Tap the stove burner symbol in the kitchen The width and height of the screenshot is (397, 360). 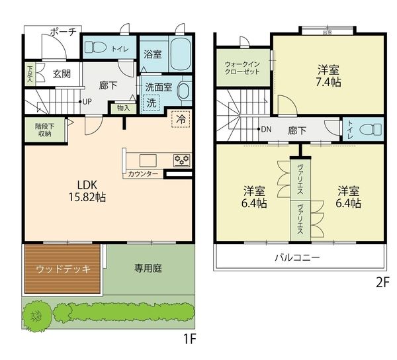[x=182, y=160]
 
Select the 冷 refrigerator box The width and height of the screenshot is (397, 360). [x=181, y=119]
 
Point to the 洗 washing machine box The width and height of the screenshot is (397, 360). [x=151, y=103]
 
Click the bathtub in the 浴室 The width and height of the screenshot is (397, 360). [x=180, y=54]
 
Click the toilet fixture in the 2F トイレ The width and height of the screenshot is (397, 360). [x=371, y=130]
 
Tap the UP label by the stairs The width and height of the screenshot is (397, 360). [x=87, y=102]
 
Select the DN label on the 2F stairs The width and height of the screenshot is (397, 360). [x=266, y=129]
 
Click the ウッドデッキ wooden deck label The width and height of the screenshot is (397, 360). [x=63, y=269]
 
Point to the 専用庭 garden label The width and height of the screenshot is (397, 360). [x=148, y=268]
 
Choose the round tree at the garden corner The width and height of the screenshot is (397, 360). [x=36, y=316]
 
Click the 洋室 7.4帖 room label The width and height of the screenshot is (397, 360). [x=328, y=76]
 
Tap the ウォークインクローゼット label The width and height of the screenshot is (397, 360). [x=242, y=67]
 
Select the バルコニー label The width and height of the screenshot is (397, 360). [x=298, y=257]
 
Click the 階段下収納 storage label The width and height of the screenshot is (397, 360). [x=45, y=130]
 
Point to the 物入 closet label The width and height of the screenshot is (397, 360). [x=124, y=109]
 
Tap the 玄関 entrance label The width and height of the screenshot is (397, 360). [x=62, y=74]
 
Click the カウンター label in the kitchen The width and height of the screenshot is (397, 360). [x=143, y=174]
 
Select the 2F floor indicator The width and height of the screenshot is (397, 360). [x=382, y=283]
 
